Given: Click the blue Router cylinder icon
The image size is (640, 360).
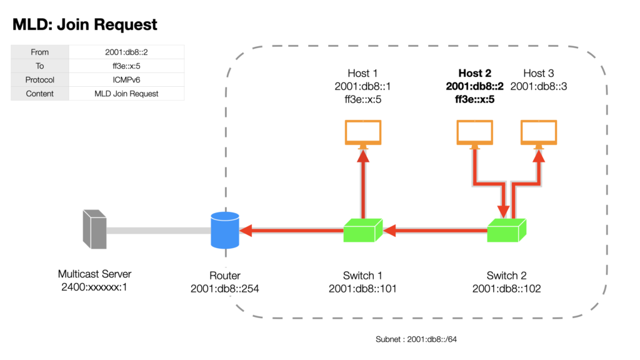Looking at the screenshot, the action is pos(225,230).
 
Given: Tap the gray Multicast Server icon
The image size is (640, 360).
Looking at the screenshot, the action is pos(95,229).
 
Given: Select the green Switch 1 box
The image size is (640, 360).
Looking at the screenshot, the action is pos(363,231).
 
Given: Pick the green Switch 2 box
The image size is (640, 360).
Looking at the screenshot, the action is pos(506,231).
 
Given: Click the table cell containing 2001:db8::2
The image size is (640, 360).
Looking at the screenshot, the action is pos(126,52).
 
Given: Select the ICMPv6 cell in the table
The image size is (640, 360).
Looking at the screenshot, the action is pos(126,80).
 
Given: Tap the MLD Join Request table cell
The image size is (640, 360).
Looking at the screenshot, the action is pos(126,94).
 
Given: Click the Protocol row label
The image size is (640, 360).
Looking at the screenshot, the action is pos(39,80).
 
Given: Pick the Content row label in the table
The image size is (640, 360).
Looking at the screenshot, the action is pos(39,94).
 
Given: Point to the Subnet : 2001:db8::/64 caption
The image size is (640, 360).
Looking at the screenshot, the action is pos(416,339).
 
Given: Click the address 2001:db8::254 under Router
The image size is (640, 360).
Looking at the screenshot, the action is pos(225,289).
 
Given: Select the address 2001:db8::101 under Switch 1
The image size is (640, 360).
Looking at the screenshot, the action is pos(363,289).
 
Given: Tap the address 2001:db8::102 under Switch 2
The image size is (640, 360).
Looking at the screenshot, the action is pos(506,289).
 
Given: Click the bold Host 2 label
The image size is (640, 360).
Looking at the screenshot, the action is pos(475,73).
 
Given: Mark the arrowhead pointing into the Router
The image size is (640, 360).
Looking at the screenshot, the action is pos(246,231).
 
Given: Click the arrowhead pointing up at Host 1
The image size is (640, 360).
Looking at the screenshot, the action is pos(363,156).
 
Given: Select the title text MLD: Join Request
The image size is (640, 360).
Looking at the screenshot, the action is pos(85,24).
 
